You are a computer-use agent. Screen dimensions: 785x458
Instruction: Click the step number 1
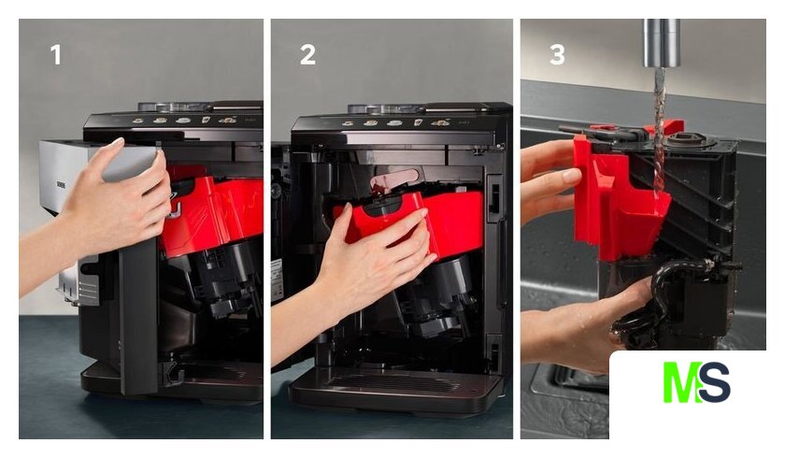click(x=55, y=54)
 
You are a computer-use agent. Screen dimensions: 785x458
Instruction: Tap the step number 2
click(x=307, y=54)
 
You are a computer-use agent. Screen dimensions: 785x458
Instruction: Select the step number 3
click(x=557, y=54)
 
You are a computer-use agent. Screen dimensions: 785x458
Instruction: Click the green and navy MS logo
click(x=696, y=382)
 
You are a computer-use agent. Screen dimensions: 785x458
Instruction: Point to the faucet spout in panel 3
click(x=662, y=43)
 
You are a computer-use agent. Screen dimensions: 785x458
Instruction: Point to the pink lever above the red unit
click(x=394, y=180)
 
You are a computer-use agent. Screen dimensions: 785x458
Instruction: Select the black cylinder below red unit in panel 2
click(x=446, y=295)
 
